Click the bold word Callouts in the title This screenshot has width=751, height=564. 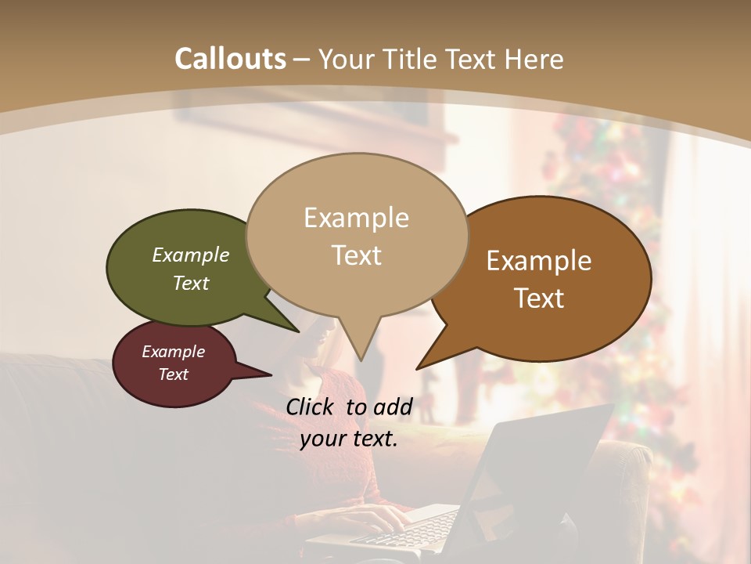pos(230,59)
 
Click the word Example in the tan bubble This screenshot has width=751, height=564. pos(356,218)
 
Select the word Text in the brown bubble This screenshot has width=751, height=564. pos(539,298)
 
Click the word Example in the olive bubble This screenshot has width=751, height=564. pos(190,255)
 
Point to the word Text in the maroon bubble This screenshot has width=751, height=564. pos(174,374)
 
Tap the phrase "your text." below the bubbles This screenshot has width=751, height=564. pos(349,439)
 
